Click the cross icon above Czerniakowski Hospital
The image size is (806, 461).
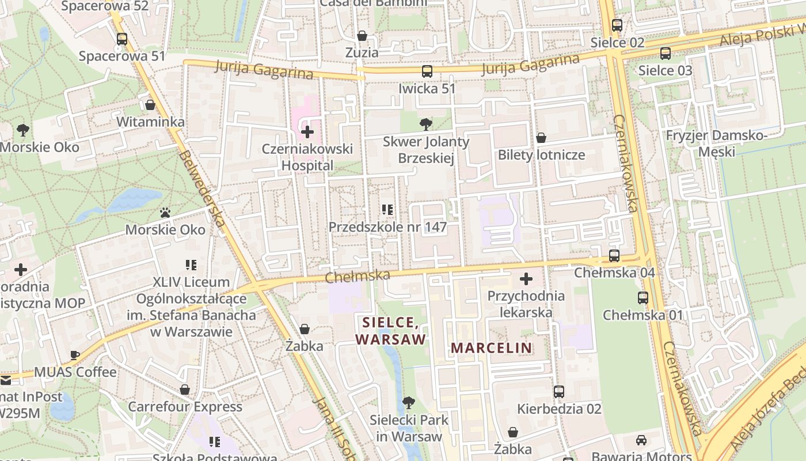(307, 132)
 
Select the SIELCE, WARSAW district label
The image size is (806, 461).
(391, 330)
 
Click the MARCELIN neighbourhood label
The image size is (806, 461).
(491, 348)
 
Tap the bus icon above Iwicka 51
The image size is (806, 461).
(427, 71)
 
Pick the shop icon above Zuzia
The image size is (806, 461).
(362, 36)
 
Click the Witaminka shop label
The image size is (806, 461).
(150, 122)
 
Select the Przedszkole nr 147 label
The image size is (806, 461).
(387, 227)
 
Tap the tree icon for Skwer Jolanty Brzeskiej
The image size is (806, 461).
(425, 124)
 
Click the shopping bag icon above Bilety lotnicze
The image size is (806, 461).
(541, 138)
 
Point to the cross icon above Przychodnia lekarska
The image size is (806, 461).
(526, 279)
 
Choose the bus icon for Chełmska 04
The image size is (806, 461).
(614, 256)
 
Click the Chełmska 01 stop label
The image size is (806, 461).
(642, 315)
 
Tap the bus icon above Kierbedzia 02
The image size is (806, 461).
(558, 392)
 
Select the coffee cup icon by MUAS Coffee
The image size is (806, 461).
(74, 355)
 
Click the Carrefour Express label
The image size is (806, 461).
(185, 407)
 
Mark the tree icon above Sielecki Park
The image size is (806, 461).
(408, 402)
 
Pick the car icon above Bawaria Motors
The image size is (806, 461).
(641, 440)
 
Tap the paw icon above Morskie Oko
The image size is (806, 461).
(165, 213)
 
